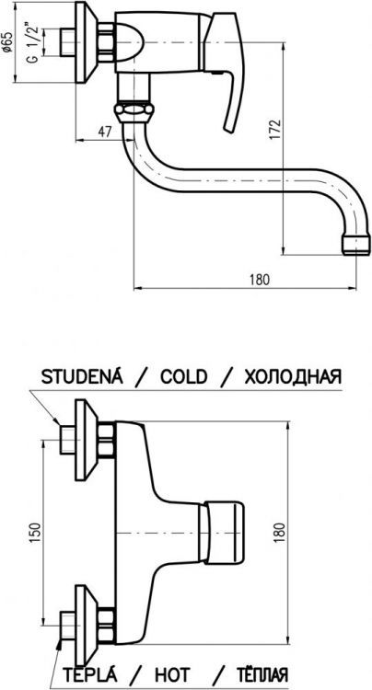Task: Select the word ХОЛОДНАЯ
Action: (x=293, y=377)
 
